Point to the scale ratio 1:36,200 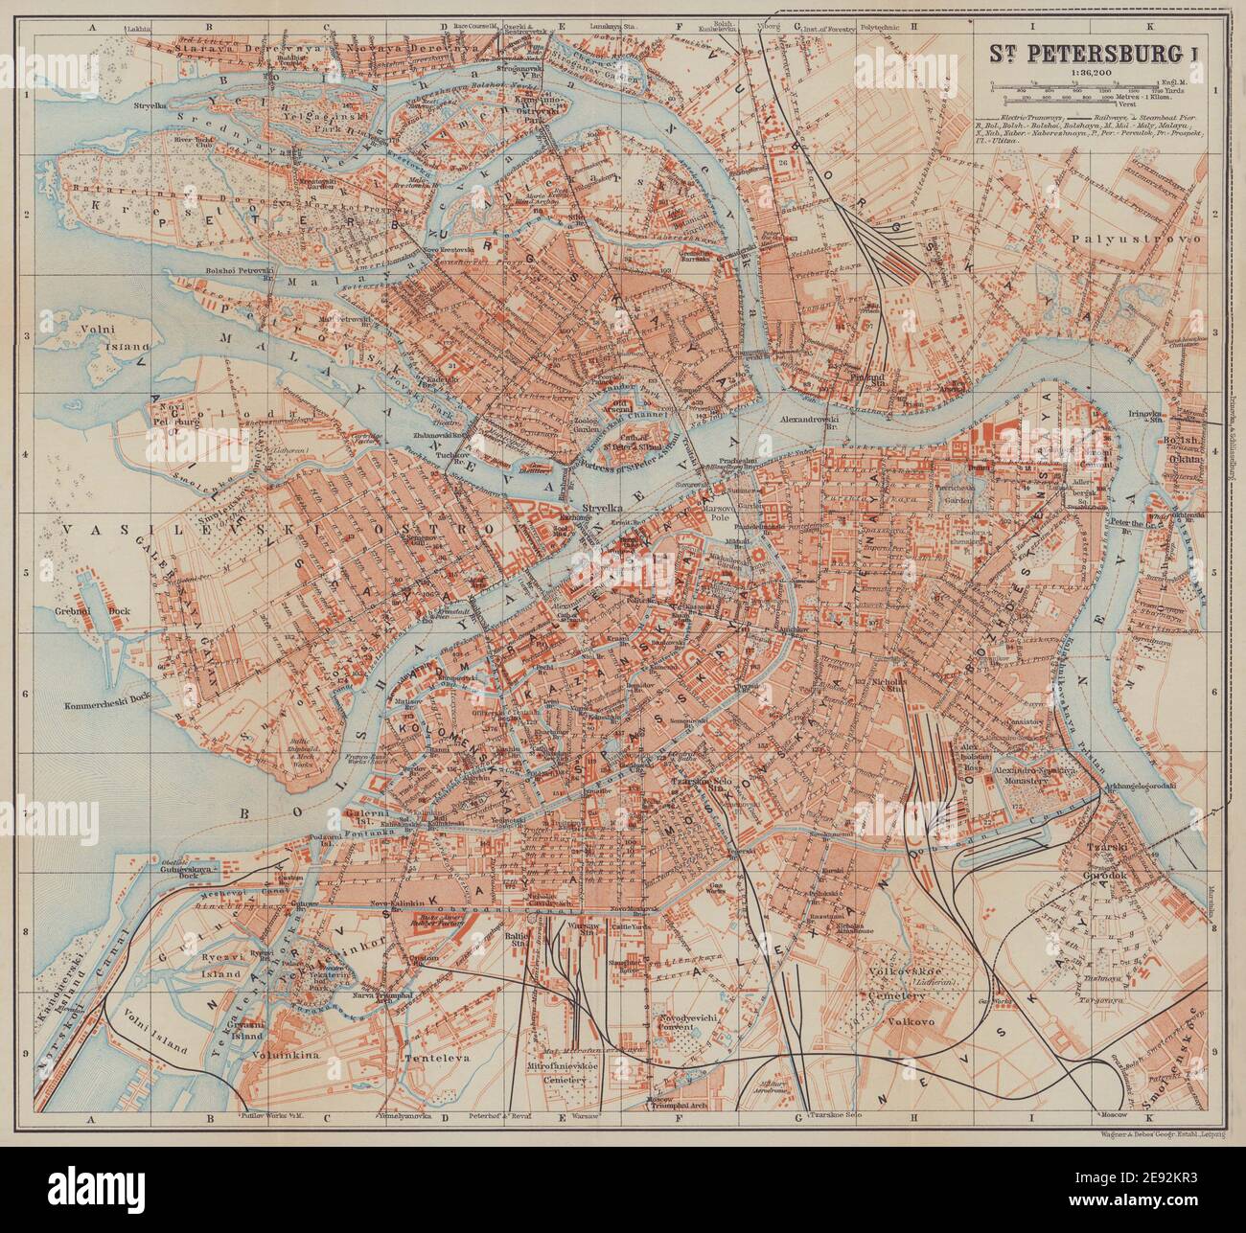click(1078, 71)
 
